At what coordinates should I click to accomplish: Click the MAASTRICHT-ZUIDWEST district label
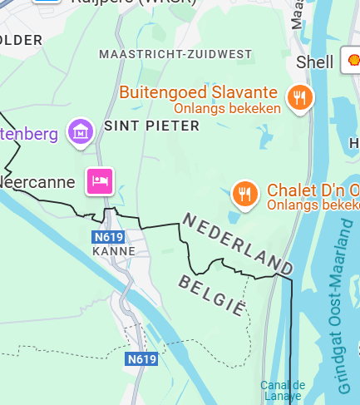[x=175, y=54]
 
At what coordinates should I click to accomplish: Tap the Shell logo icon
[x=351, y=61]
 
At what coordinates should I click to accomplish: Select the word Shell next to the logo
[x=316, y=62]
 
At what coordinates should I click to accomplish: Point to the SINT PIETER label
[x=152, y=126]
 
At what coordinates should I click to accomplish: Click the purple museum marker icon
[x=81, y=131]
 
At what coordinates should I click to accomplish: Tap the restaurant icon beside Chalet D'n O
[x=244, y=195]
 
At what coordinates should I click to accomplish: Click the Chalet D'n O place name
[x=313, y=190]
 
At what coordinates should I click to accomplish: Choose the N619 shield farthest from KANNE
[x=141, y=359]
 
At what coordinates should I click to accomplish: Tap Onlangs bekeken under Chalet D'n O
[x=313, y=205]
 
